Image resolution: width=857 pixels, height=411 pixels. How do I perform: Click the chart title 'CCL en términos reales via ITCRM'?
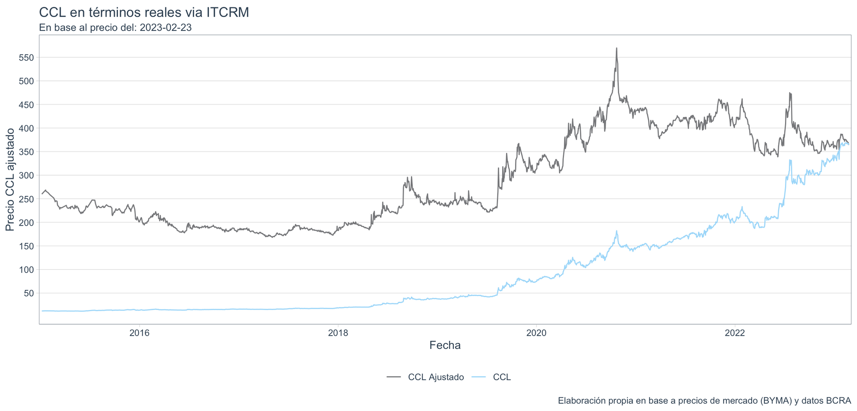[144, 12]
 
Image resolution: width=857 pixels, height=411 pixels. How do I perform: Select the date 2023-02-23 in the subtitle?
[165, 28]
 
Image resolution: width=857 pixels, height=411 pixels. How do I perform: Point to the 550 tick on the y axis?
[27, 57]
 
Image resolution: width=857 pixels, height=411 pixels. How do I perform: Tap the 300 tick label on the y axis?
[27, 175]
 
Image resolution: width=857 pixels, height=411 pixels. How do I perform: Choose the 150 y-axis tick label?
[27, 246]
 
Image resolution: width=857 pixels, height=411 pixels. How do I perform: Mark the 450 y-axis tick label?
[27, 104]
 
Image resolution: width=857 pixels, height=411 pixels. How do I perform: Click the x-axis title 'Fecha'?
[445, 345]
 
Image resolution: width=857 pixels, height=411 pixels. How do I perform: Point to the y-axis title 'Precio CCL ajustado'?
[10, 180]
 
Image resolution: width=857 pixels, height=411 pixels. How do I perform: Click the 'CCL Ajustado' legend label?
[436, 377]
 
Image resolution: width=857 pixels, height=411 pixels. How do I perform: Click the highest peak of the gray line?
[616, 48]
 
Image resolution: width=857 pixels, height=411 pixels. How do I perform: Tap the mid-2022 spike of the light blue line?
[790, 160]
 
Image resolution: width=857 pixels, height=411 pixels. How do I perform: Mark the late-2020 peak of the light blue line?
[616, 231]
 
